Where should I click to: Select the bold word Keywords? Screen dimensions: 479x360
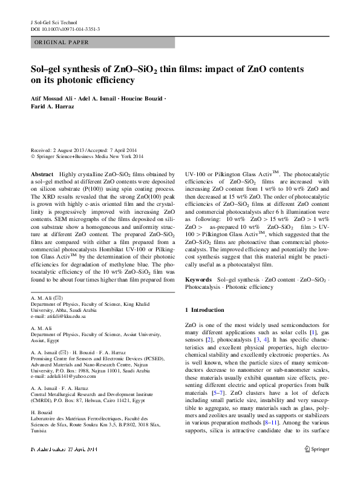pyautogui.click(x=198, y=280)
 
